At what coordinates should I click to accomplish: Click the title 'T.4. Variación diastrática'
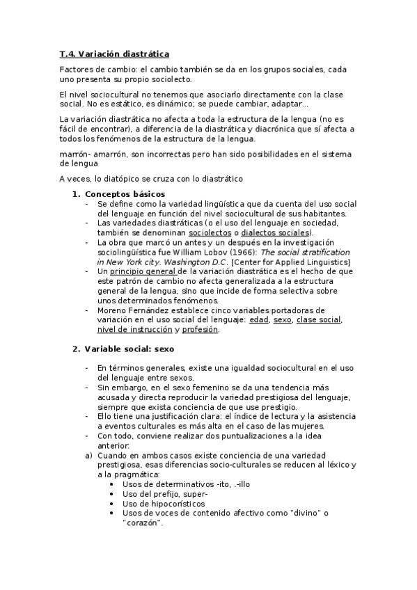[114, 54]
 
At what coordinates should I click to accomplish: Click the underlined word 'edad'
[260, 319]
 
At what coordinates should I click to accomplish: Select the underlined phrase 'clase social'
[320, 319]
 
